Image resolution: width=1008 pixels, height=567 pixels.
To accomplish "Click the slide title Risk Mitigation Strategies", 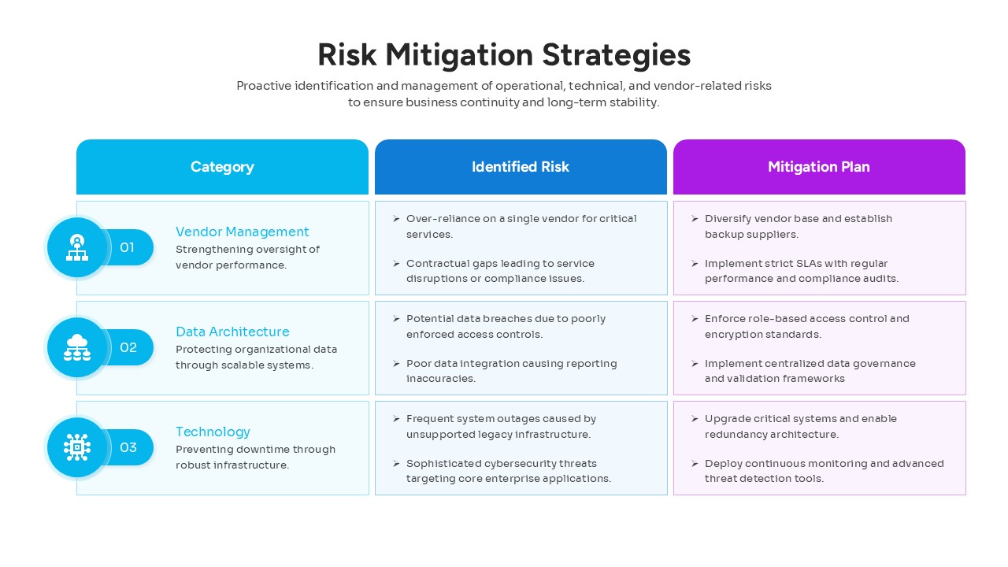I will point(504,55).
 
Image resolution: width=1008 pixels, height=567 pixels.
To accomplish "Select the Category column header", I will point(222,167).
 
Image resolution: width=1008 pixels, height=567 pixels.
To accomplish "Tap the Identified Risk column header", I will point(520,167).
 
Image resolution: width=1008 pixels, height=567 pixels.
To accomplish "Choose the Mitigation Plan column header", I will point(818,167).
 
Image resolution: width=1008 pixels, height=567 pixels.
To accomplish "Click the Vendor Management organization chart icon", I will point(77,247).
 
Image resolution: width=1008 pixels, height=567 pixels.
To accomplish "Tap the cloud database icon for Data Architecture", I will point(77,347).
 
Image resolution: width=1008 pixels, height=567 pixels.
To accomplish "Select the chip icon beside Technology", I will point(77,447).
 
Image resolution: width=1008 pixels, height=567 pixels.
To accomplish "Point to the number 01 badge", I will point(128,247).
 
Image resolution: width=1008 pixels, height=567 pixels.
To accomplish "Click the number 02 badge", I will point(128,347).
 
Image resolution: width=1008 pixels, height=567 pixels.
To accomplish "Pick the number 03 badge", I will point(128,447).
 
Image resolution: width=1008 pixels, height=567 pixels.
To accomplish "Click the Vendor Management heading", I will point(242,232).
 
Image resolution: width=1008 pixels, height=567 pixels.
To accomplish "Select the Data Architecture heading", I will point(232,332).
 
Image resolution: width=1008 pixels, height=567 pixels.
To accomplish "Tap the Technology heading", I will point(213,432).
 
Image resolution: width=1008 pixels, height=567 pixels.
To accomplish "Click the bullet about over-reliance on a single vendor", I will point(520,226).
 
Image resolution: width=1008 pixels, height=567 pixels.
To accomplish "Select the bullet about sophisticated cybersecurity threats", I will point(508,471).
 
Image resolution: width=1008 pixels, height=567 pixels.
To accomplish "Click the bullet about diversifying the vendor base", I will point(798,226).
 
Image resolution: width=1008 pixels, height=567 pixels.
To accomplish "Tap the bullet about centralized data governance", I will point(810,371).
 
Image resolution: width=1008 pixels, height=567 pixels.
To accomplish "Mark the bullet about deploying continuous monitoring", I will point(823,471).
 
